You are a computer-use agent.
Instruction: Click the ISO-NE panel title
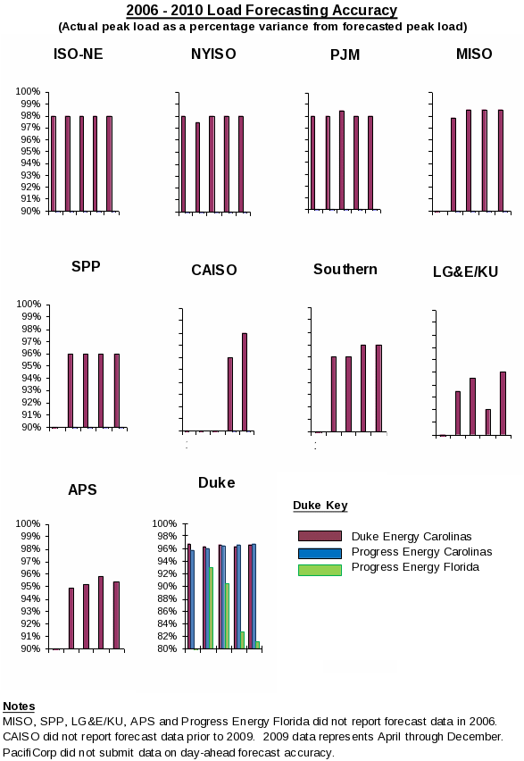click(79, 54)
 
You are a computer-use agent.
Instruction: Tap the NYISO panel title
click(213, 54)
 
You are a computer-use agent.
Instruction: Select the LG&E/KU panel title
click(465, 272)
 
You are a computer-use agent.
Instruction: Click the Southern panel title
click(345, 269)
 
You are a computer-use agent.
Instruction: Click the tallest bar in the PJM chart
click(342, 160)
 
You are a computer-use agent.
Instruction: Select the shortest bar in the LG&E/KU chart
click(488, 422)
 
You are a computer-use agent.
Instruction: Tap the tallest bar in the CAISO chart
click(245, 382)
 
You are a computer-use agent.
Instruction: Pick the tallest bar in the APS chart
click(101, 613)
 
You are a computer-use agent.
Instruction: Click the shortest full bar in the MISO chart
click(453, 164)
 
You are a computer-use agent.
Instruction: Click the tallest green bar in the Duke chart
click(211, 607)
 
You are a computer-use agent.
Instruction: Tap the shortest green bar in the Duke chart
click(257, 645)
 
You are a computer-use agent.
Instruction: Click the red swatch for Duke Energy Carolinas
click(320, 536)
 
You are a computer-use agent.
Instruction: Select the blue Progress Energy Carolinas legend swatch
click(320, 553)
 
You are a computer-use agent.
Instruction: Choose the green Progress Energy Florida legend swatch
click(320, 570)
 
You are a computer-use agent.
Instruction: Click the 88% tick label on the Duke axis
click(167, 598)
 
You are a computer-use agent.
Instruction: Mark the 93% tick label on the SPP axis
click(31, 389)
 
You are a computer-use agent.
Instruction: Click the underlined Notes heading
click(19, 707)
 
